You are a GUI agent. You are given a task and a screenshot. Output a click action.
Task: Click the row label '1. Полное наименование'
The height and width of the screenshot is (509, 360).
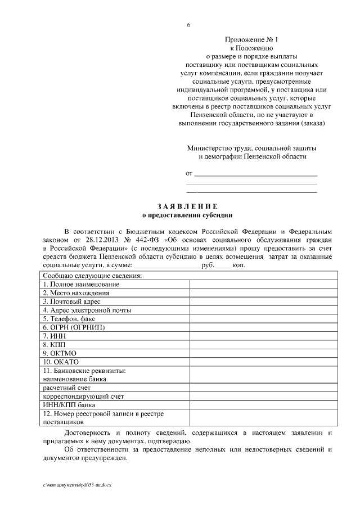tap(81, 285)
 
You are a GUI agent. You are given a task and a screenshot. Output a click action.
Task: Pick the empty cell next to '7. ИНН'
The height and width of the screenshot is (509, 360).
tap(263, 335)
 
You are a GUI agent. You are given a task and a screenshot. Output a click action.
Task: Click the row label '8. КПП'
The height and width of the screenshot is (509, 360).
tap(53, 344)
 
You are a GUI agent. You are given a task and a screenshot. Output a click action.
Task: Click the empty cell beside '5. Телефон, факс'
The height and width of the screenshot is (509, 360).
tap(263, 318)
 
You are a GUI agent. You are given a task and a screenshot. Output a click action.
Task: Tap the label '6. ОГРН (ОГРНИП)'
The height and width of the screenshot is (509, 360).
tap(74, 327)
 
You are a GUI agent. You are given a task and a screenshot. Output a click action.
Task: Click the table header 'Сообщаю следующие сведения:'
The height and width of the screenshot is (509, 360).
tap(92, 276)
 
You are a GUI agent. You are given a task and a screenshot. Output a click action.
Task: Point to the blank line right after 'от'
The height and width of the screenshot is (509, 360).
tap(255, 174)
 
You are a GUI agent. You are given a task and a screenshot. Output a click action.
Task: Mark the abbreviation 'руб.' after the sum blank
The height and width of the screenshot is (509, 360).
tap(208, 264)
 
